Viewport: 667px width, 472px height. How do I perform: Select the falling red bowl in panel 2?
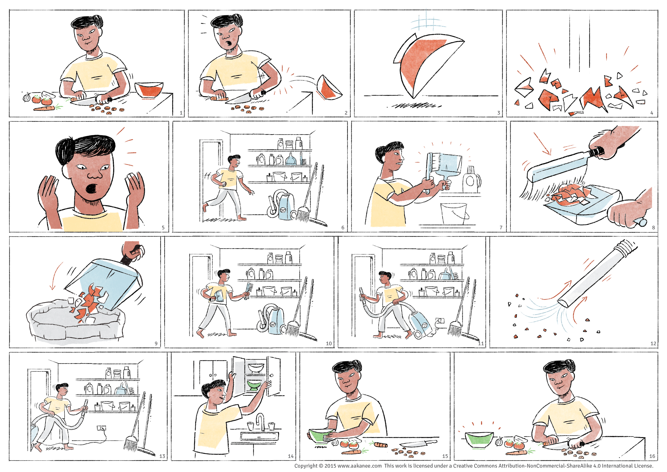(x=329, y=87)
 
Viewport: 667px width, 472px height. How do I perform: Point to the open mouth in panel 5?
(x=92, y=188)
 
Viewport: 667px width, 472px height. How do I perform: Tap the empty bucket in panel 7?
(x=454, y=214)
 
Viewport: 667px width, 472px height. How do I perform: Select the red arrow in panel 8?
(x=542, y=144)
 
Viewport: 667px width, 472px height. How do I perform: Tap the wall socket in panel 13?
(x=101, y=428)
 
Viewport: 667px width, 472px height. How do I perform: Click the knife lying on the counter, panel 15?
(x=418, y=443)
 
